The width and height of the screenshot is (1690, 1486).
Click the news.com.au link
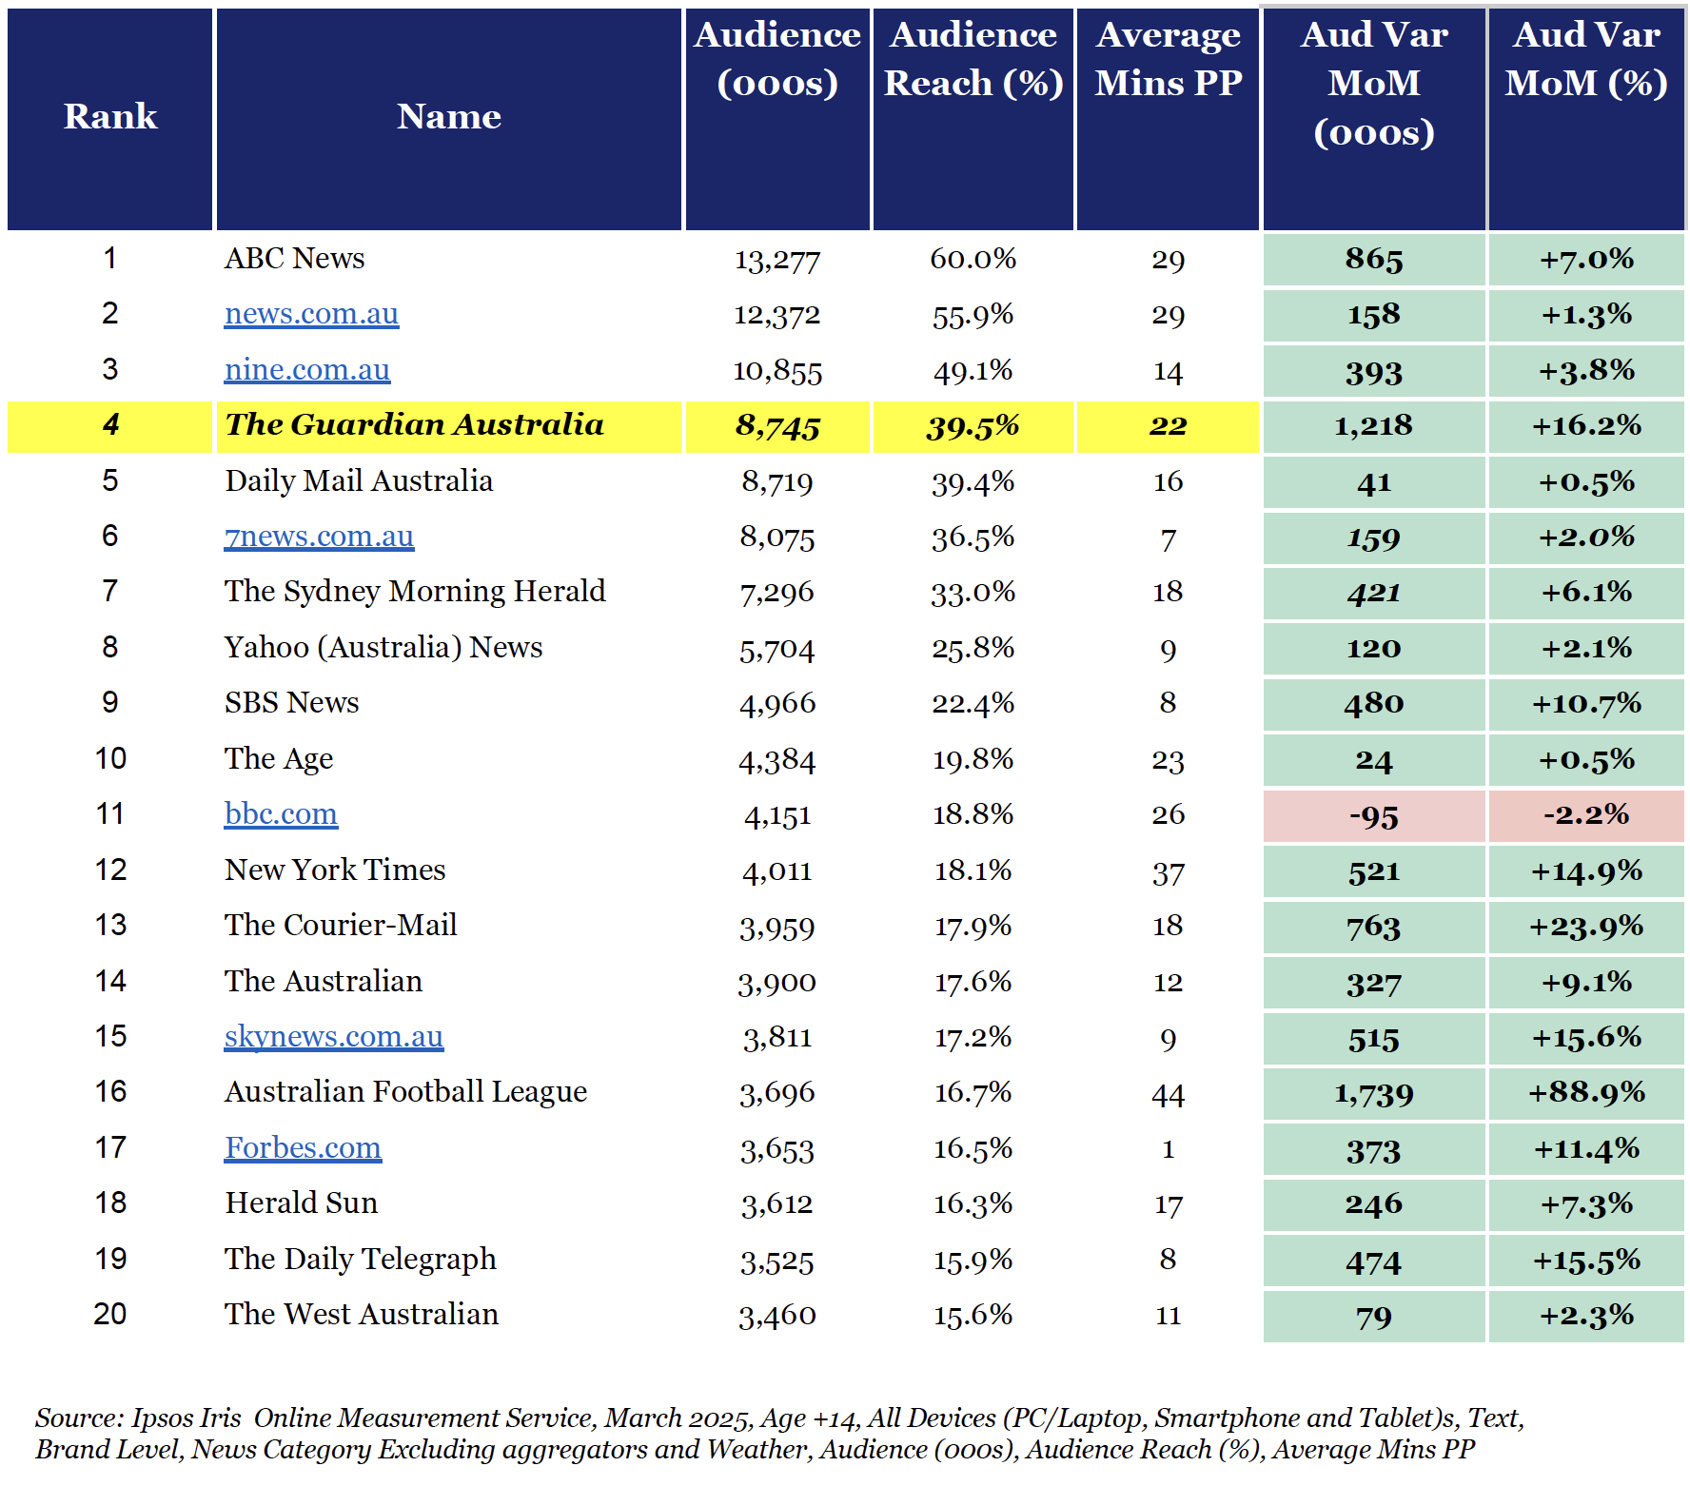pos(311,314)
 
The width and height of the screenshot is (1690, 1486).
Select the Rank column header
pos(110,117)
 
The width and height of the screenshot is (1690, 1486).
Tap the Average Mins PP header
pos(1169,59)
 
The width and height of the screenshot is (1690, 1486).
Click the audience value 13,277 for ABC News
pos(777,260)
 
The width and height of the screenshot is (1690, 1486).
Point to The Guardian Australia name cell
pos(414,425)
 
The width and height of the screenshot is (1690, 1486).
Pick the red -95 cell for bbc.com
pos(1374,816)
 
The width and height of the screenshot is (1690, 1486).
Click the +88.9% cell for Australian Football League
pos(1586,1093)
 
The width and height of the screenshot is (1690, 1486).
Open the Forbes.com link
pos(303,1148)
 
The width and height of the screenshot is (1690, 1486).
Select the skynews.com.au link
pos(334,1037)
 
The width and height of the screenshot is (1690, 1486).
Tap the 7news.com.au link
pos(319,537)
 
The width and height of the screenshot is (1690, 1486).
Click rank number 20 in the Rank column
pos(110,1315)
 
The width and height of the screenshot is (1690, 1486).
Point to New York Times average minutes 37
pos(1169,872)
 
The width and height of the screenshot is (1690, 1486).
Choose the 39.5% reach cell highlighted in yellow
pos(973,426)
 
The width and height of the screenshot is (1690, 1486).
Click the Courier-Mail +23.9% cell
pos(1586,927)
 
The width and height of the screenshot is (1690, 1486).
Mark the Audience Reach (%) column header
pos(973,59)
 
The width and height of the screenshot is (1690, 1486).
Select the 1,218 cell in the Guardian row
pos(1374,426)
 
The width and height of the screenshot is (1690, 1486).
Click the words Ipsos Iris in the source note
pos(186,1418)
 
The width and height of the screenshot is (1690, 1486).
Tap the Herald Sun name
pos(302,1203)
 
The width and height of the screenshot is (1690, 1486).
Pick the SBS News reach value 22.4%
pos(973,704)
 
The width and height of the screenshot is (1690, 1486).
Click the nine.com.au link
pos(307,370)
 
